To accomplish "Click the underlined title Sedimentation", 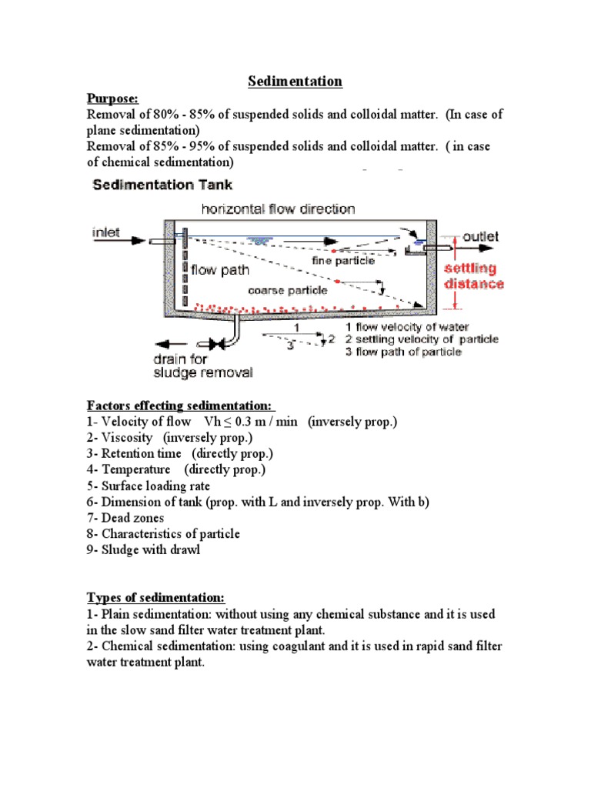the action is (295, 82).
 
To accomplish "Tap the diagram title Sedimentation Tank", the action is (162, 185).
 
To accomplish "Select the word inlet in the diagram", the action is (105, 232).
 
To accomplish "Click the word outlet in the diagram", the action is (480, 236).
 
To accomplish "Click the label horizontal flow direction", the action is (278, 209).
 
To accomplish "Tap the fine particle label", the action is (343, 260).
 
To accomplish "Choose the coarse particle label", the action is (287, 290).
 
